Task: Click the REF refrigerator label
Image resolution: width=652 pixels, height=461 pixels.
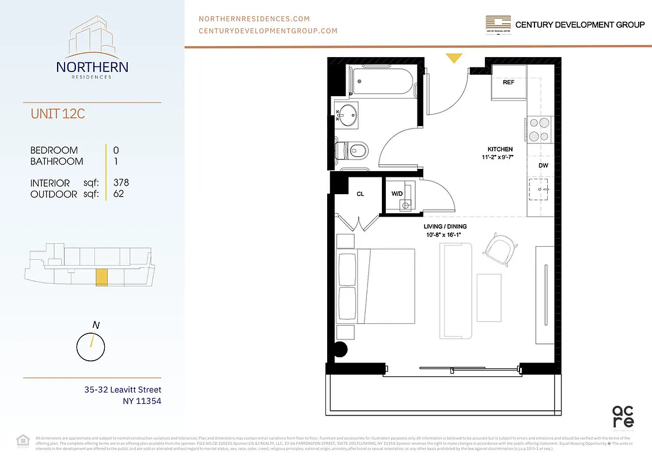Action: [x=508, y=82]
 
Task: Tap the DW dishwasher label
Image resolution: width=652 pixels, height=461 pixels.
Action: [x=543, y=166]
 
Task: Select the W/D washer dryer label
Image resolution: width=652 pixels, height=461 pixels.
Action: [x=397, y=194]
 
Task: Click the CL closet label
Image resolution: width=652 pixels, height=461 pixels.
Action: [x=360, y=194]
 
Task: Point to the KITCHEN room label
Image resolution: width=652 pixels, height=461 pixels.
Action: [x=500, y=149]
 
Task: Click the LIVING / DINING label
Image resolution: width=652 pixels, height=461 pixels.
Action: [x=445, y=226]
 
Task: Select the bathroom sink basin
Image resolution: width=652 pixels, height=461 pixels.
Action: [x=348, y=115]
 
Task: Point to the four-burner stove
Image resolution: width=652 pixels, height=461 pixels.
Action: [x=540, y=129]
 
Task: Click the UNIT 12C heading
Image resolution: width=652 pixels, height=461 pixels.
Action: [x=58, y=114]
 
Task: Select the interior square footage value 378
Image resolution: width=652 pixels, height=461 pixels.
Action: [x=121, y=183]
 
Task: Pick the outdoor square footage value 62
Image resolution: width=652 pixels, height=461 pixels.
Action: [x=118, y=194]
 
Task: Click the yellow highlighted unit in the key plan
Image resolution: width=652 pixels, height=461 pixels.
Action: [x=101, y=277]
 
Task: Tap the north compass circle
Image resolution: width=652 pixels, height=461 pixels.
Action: [x=90, y=347]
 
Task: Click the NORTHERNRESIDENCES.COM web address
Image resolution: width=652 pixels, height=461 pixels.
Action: [x=254, y=19]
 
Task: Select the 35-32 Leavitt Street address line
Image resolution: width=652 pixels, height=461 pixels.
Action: [x=123, y=390]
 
